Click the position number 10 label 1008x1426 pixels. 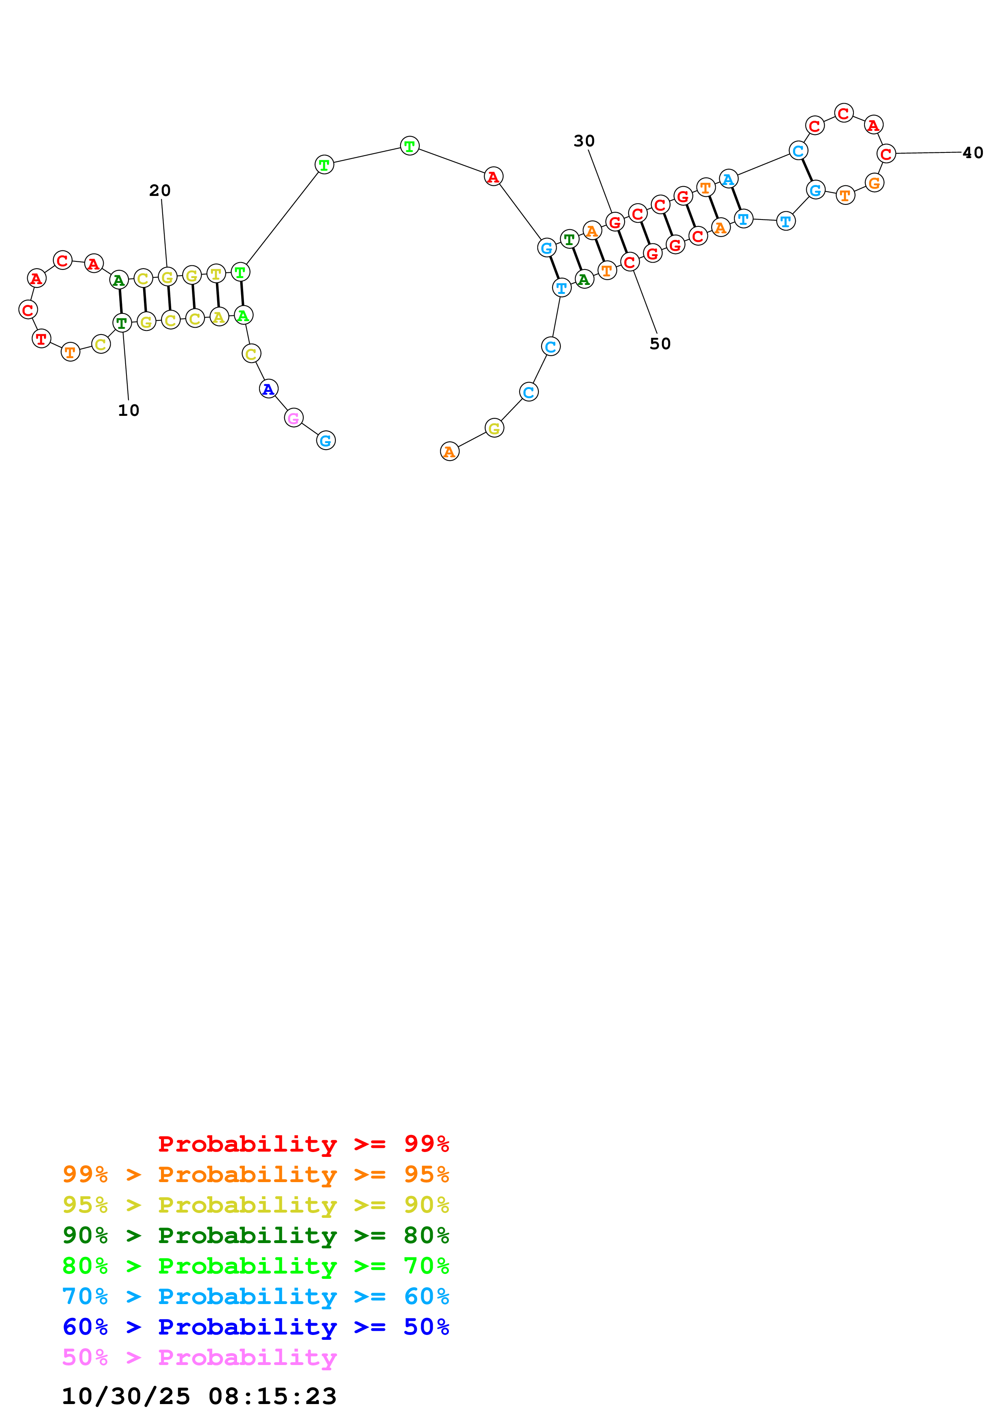coord(128,411)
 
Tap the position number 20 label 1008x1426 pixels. coord(160,191)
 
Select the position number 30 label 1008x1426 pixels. coord(584,141)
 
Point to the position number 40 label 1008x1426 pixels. coord(973,153)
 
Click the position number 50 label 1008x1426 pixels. coord(660,344)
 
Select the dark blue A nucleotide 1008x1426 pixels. coord(268,389)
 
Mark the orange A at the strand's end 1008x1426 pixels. coord(450,452)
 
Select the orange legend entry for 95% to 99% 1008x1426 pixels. coord(256,1174)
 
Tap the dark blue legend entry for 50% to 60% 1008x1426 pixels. coord(256,1327)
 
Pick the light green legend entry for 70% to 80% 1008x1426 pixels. coord(256,1266)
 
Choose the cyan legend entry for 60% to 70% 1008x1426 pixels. coord(256,1297)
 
